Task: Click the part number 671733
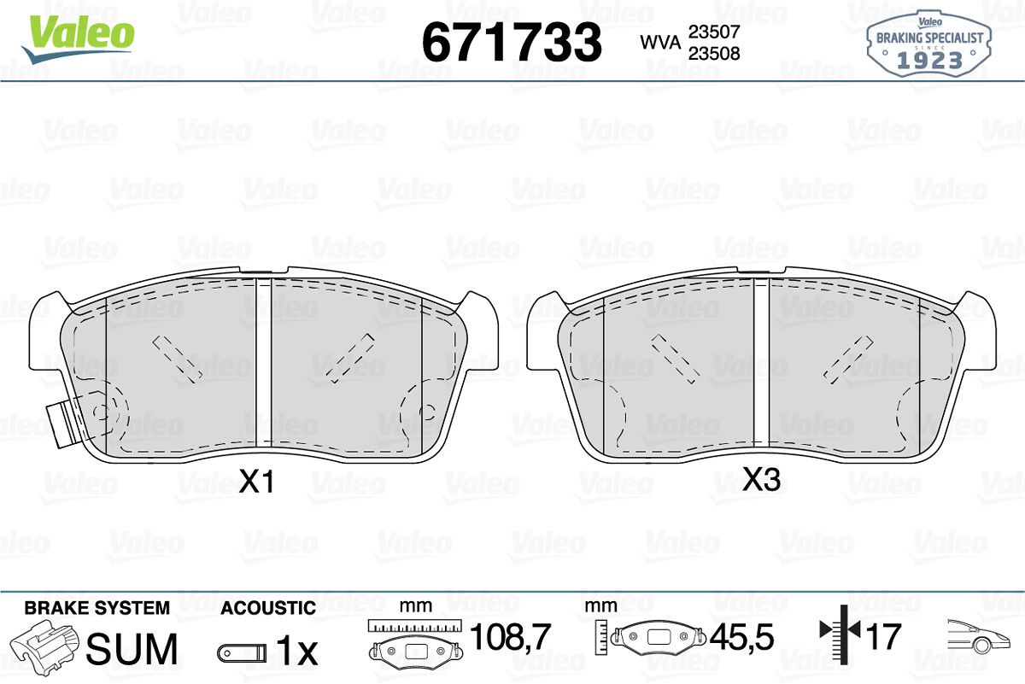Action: pos(512,42)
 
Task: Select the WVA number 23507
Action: pos(714,32)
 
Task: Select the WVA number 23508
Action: pos(714,54)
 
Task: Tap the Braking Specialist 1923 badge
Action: pos(929,44)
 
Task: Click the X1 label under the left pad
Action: pos(257,482)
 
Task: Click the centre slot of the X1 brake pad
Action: pos(263,364)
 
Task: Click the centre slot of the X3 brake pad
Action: pos(761,364)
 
